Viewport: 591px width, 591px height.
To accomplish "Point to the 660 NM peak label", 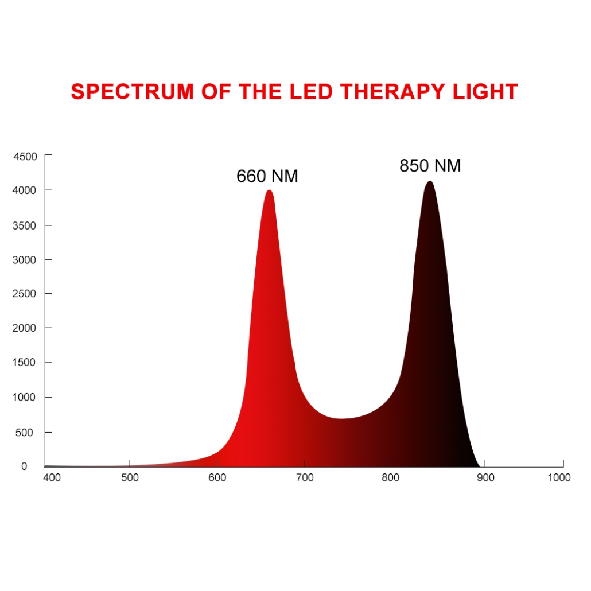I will pos(267,176).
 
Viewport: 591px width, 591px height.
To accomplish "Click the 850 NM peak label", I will pos(430,166).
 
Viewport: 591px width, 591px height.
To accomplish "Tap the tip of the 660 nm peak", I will pos(269,190).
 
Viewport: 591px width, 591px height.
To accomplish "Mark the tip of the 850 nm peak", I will pos(429,182).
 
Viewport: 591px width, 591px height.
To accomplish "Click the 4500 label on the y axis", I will pos(25,157).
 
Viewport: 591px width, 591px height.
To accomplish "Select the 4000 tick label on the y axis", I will pos(25,190).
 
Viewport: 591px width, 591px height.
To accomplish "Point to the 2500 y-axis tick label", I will pos(25,294).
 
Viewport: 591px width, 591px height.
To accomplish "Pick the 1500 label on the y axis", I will pos(25,363).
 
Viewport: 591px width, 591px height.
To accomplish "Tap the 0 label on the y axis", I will pos(24,466).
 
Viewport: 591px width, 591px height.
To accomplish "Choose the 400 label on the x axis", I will pos(52,478).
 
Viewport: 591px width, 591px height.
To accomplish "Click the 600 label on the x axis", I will pos(217,478).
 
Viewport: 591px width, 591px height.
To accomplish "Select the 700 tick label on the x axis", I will pos(305,478).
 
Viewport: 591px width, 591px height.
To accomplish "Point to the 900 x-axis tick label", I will pos(485,478).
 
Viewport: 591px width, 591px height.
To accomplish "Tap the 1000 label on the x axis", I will pos(559,478).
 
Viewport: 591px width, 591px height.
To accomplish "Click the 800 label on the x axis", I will pos(391,478).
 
